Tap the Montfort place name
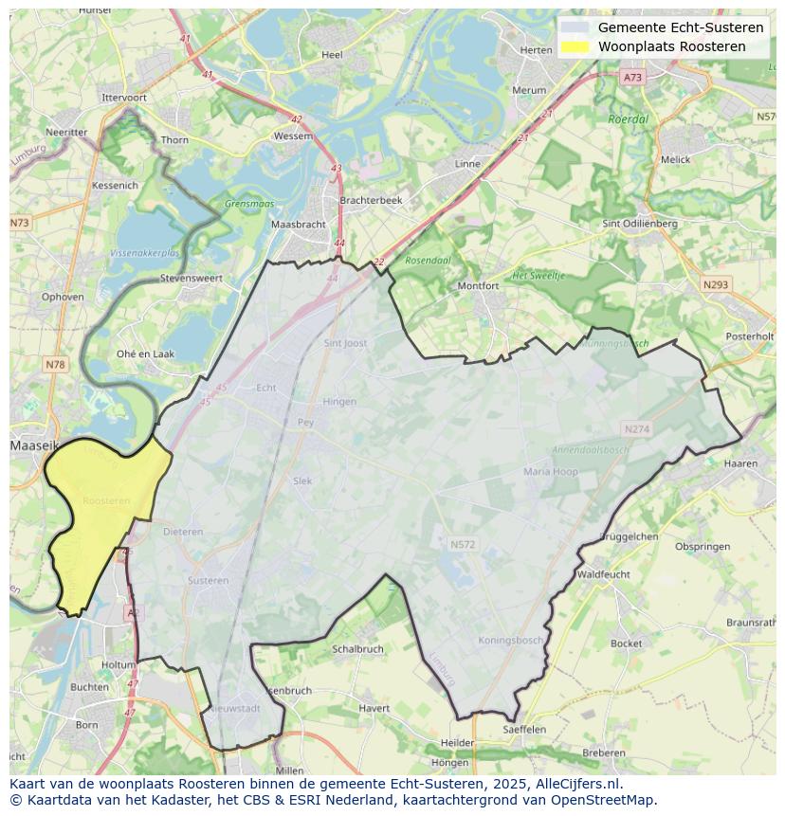(x=478, y=285)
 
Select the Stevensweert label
(x=191, y=279)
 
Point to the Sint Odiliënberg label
(x=640, y=224)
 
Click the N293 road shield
(x=716, y=284)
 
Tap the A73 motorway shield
(x=632, y=78)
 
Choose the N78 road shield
(x=55, y=365)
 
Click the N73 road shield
(x=19, y=223)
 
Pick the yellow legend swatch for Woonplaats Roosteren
(x=574, y=46)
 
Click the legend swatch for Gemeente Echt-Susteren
(x=574, y=27)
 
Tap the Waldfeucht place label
(x=603, y=574)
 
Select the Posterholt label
(x=749, y=336)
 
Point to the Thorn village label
(x=174, y=139)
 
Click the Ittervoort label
(x=124, y=98)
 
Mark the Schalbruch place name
(x=357, y=649)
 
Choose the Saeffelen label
(x=524, y=729)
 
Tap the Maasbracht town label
(x=298, y=225)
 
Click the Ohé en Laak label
(x=145, y=354)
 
